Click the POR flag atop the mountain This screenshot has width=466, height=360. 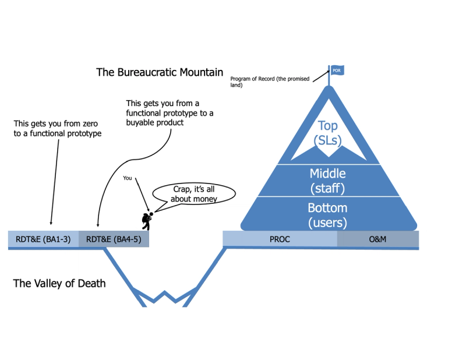coord(336,70)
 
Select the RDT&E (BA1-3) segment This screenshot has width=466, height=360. coord(43,239)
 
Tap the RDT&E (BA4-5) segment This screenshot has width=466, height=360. coord(114,239)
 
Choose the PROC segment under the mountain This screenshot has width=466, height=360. coord(280,239)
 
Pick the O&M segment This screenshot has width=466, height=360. coord(377,239)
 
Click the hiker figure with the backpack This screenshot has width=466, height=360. coord(148,220)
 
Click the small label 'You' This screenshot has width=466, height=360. coord(128,178)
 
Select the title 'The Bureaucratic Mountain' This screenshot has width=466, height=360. coord(160,73)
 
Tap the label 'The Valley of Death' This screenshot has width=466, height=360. coord(59,284)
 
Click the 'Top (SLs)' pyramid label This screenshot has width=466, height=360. coord(328,133)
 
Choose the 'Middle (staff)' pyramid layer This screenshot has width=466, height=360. coord(328,180)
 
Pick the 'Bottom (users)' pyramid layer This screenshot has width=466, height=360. coord(328,214)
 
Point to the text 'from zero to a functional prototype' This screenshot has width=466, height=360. coord(57,129)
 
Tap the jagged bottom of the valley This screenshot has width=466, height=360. coord(164,298)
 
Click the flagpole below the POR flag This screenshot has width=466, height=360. coord(329,80)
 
